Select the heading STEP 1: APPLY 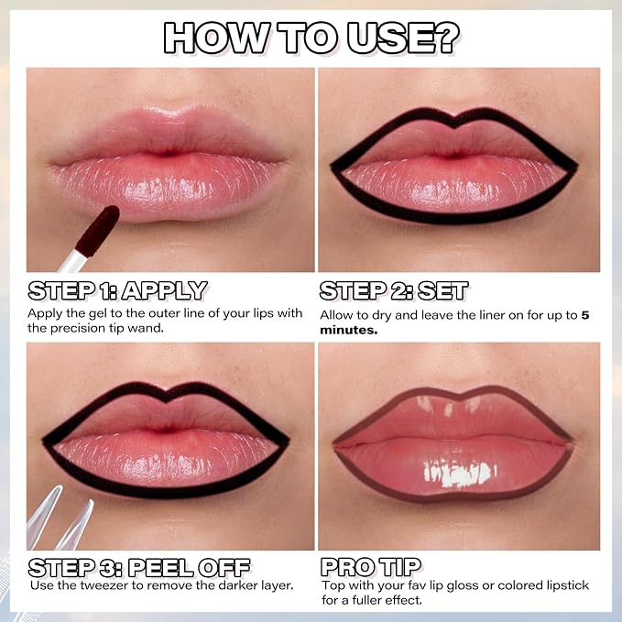coord(117,290)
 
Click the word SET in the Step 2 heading coord(443,290)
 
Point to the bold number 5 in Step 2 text coord(585,315)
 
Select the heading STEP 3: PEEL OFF coord(139,568)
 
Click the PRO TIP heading coord(371,567)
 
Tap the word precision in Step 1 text coord(77,329)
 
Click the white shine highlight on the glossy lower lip coord(459,474)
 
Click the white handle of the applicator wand coord(71,261)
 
